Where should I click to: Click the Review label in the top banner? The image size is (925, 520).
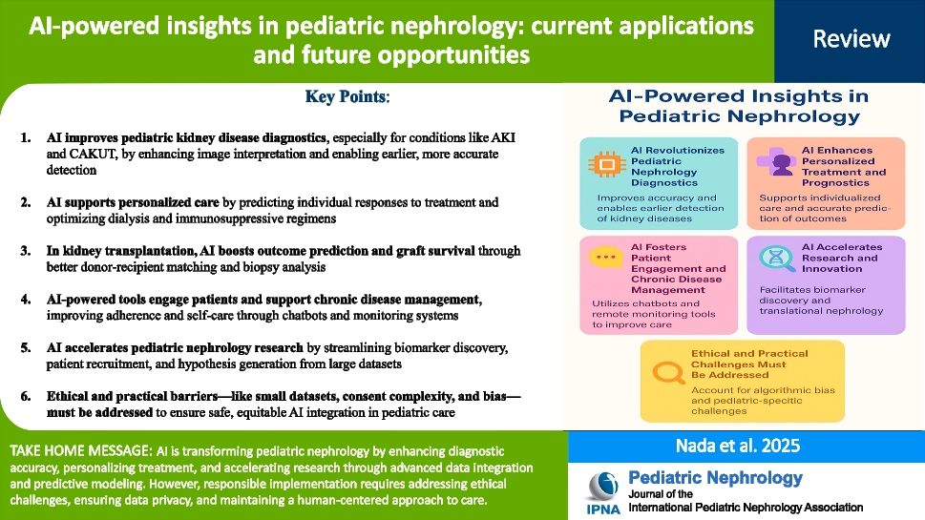(851, 39)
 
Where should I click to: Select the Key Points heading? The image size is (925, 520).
(347, 97)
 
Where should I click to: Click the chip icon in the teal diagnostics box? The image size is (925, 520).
(604, 165)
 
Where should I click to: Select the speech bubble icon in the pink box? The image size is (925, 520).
(603, 258)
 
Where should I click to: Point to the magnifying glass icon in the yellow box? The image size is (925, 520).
(665, 366)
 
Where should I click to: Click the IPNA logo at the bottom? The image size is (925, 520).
(603, 493)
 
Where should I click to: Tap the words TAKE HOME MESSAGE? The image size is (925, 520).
(78, 449)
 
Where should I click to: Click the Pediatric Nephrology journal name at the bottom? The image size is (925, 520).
(715, 477)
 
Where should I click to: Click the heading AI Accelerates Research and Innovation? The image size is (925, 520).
(840, 258)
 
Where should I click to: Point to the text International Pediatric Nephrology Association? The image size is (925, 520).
(745, 508)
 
